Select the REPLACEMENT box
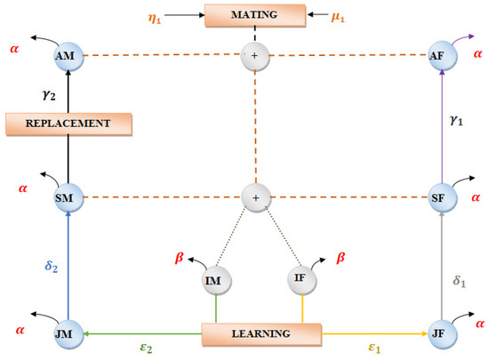coord(68,124)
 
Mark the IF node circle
coord(300,279)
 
